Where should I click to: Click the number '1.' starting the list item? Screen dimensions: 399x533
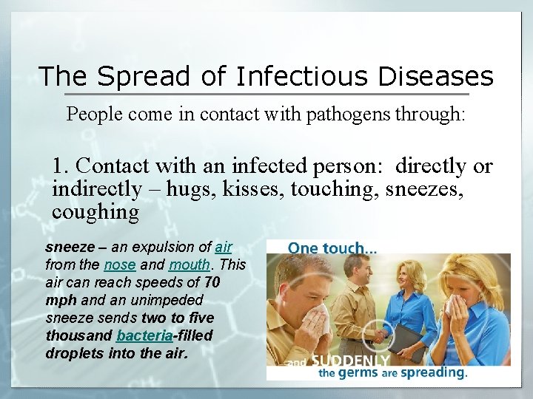61,166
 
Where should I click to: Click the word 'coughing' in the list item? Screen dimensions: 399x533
95,212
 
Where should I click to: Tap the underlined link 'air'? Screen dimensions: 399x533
224,248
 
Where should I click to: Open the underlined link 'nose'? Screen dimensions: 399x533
119,265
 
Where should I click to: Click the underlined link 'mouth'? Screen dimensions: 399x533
189,265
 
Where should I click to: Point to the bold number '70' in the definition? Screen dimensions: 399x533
212,282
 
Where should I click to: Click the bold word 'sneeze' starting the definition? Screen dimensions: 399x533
70,248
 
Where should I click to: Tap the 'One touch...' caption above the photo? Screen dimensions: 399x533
332,249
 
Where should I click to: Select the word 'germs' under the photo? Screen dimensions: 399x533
358,373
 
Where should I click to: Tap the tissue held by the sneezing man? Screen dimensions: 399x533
319,319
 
